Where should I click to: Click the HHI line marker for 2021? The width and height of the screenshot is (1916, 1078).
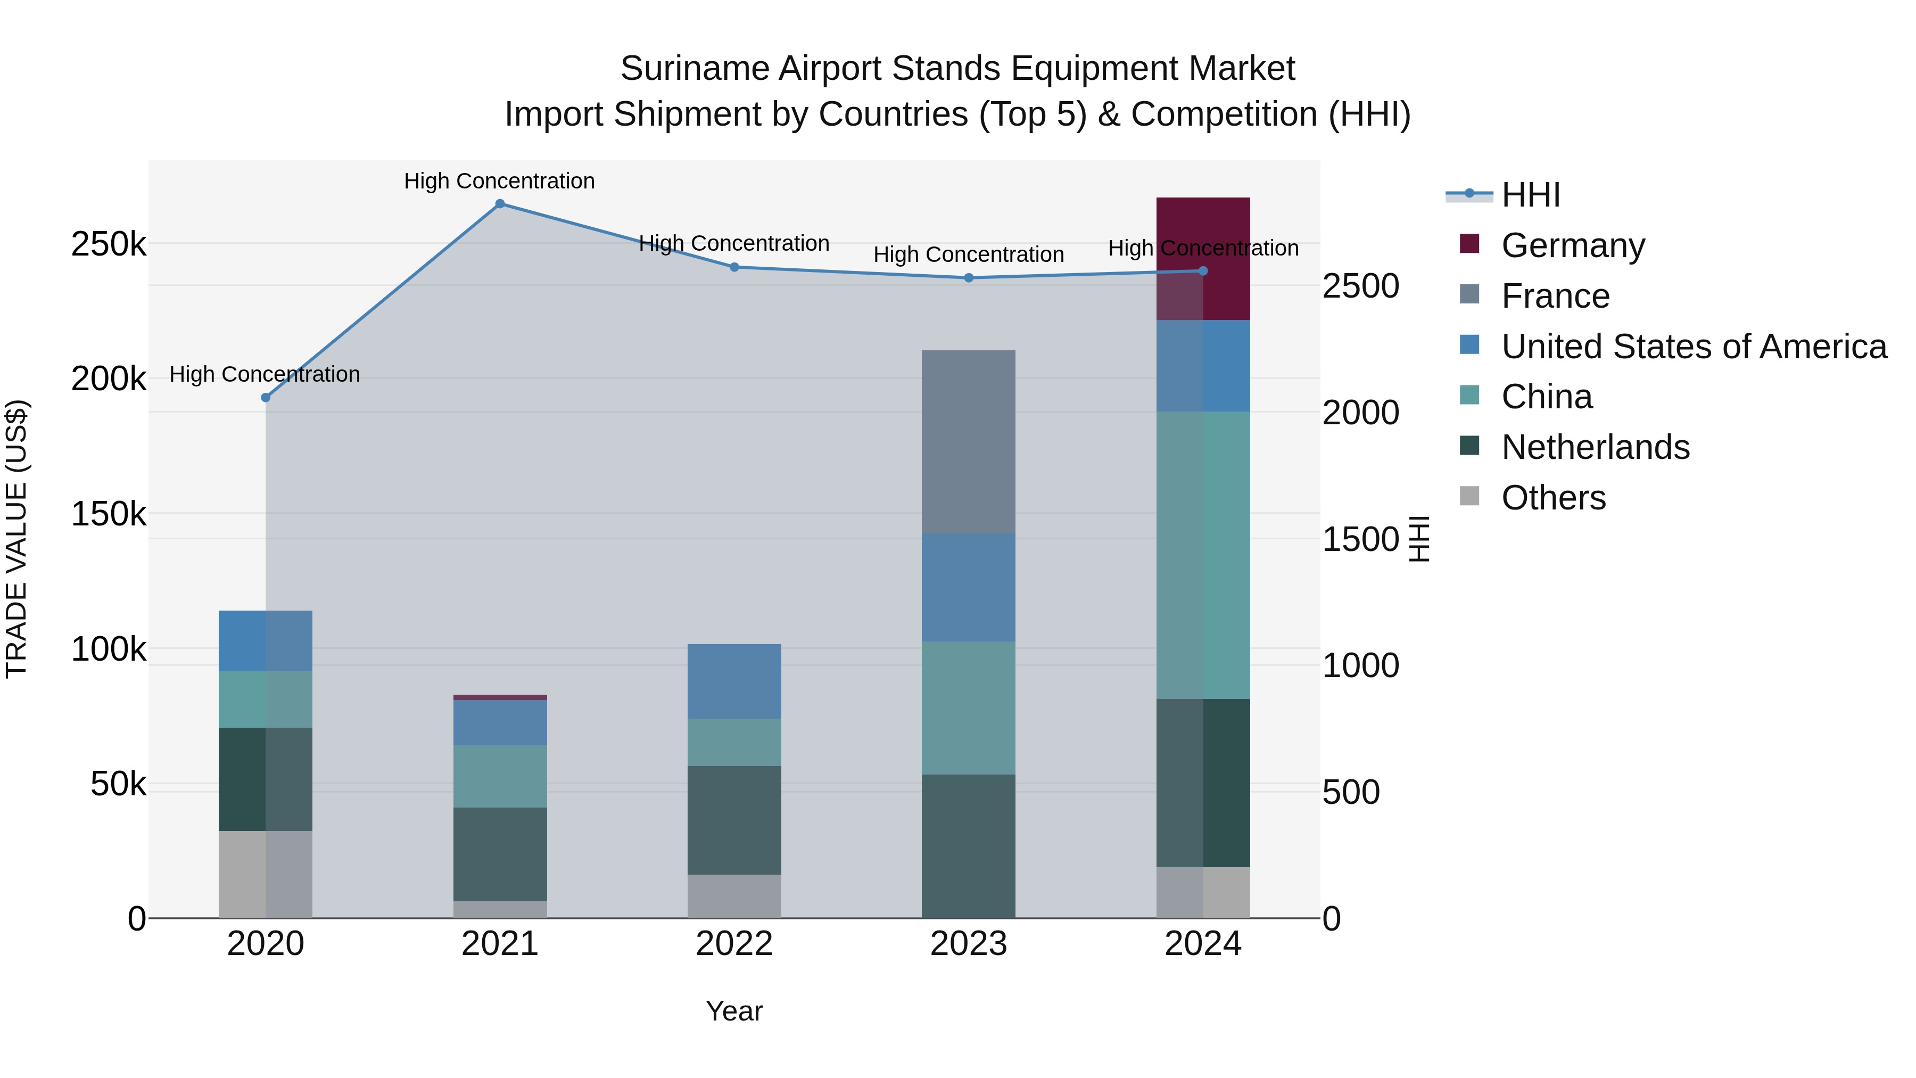[500, 204]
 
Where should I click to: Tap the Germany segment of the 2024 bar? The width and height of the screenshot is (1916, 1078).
[1203, 259]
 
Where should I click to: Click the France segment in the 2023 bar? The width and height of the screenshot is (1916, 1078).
[969, 442]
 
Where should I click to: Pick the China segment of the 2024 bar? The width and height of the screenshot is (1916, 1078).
[1203, 555]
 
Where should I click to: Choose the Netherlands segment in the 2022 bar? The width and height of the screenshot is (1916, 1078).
[734, 820]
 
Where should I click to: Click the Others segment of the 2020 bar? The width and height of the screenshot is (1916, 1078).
[266, 874]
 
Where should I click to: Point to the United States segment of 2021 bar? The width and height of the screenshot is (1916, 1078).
[500, 722]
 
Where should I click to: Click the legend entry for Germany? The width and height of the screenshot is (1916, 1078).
[1572, 245]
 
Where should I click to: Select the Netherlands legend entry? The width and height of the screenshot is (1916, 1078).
[1595, 447]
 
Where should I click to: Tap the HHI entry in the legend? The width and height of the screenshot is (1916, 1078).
[1530, 195]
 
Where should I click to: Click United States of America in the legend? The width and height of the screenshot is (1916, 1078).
[1694, 347]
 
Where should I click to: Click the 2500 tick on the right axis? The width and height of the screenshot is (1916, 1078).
[1360, 286]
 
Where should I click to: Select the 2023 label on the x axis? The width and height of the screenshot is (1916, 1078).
[969, 944]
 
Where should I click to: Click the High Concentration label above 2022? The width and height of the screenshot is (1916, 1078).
[734, 243]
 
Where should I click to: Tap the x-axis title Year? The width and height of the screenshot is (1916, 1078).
[734, 1011]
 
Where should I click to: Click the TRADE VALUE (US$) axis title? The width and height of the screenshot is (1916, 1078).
[17, 539]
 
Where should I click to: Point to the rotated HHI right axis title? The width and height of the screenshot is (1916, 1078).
[1419, 539]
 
